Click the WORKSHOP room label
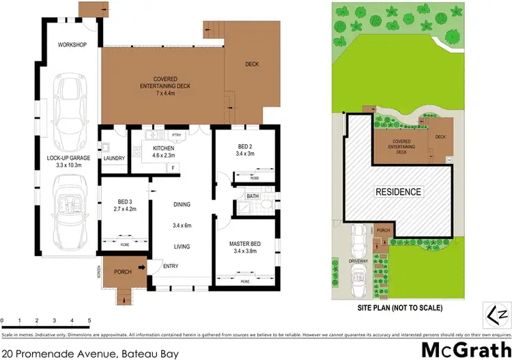pyautogui.click(x=72, y=45)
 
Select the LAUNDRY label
pyautogui.click(x=113, y=158)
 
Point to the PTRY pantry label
pyautogui.click(x=175, y=135)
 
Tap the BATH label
pyautogui.click(x=252, y=196)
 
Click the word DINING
pyautogui.click(x=181, y=204)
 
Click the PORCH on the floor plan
pyautogui.click(x=123, y=272)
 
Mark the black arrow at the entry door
pyautogui.click(x=142, y=267)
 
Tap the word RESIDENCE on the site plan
pyautogui.click(x=399, y=192)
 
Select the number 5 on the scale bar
pyautogui.click(x=89, y=320)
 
